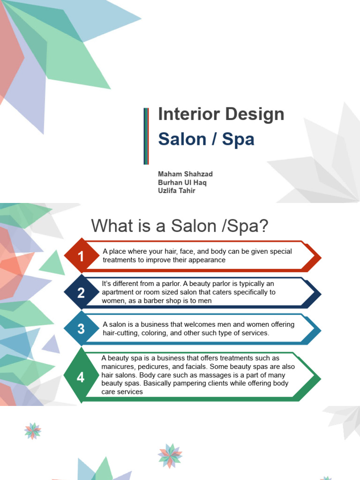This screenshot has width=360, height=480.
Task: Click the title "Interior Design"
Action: click(221, 114)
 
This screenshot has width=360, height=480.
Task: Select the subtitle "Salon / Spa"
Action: click(206, 139)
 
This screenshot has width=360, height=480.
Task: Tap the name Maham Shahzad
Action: click(185, 174)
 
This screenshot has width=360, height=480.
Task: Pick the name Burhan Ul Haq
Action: click(182, 182)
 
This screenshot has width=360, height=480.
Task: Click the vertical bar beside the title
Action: click(146, 136)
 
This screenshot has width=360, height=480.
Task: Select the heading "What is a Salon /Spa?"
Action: click(180, 226)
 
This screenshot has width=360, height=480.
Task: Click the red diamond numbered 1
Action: click(81, 256)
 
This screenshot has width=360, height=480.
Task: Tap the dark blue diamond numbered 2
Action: click(81, 293)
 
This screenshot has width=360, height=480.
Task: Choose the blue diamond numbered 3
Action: click(81, 329)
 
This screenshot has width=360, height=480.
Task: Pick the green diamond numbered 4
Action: click(81, 377)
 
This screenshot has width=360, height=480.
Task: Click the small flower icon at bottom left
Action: click(32, 431)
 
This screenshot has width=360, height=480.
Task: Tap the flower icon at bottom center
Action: click(170, 456)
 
